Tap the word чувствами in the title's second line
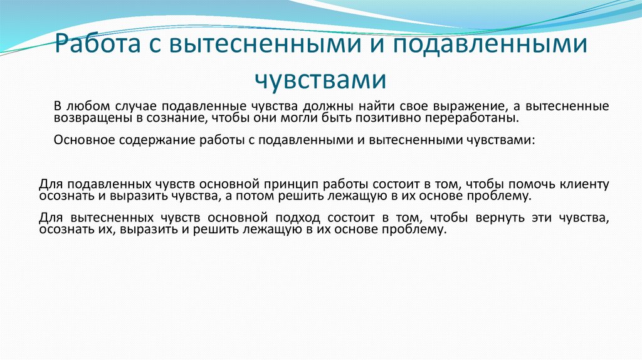(x=320, y=80)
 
